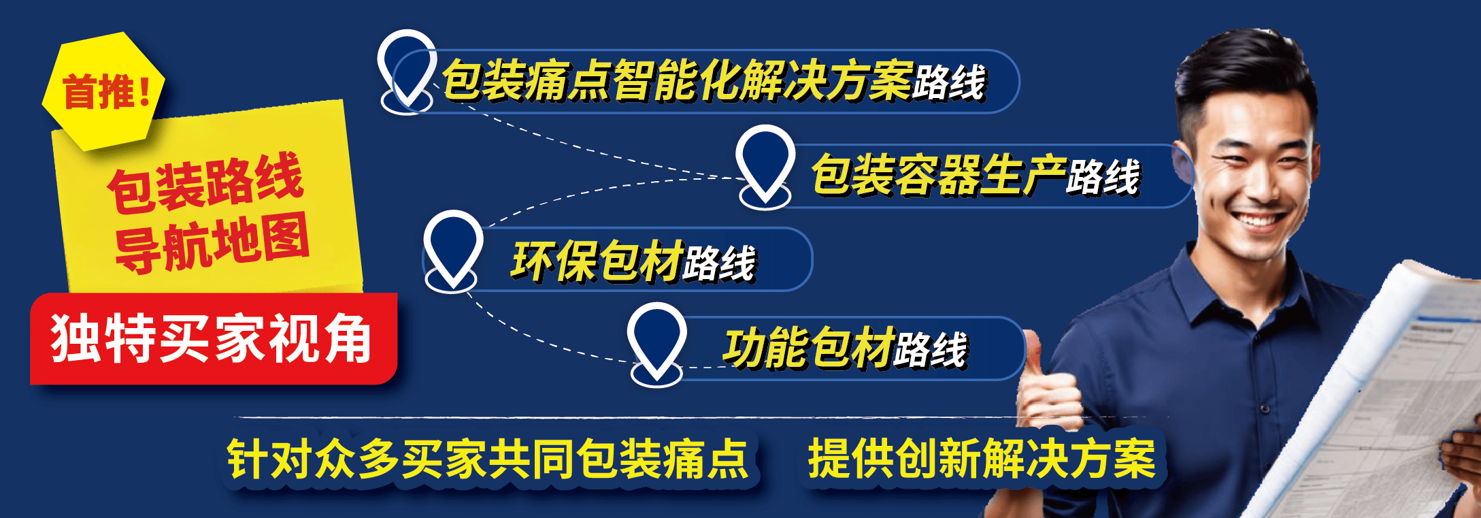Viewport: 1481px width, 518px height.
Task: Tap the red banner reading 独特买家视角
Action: coord(212,338)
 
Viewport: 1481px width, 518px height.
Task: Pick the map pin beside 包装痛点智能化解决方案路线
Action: coord(406,68)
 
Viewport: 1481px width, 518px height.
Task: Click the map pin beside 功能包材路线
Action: coord(657,340)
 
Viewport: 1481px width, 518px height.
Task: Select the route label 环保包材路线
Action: coord(633,261)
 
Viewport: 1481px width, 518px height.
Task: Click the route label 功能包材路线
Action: coord(844,348)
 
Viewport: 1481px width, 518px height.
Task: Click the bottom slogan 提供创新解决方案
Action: coord(981,459)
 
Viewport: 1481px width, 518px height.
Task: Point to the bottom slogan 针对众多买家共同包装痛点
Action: coord(487,459)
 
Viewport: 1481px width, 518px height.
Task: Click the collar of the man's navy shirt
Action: coord(1218,293)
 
